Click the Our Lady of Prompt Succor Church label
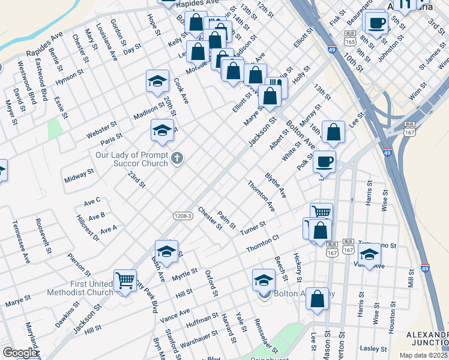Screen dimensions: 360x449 coord(132,158)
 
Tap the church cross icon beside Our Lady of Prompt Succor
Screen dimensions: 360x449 coord(176,158)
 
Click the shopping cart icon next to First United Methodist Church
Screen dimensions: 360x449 coord(125,279)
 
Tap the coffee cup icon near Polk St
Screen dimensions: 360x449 coord(324,161)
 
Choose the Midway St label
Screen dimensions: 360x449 coord(79,175)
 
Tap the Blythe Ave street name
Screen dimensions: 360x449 coord(276,186)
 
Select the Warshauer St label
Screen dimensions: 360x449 coord(199,338)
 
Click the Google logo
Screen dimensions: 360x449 coord(19,353)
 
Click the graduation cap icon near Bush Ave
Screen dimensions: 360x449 coord(166,251)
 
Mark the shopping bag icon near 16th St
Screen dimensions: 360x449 coord(333,132)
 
